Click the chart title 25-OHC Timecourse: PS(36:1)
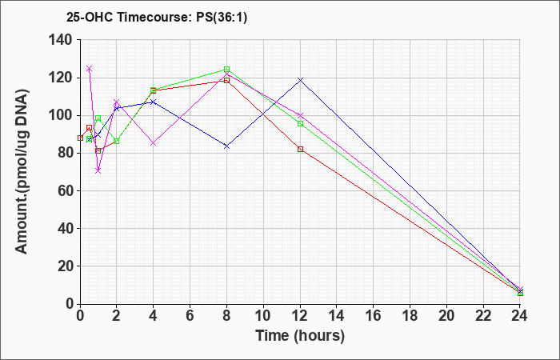pos(157,17)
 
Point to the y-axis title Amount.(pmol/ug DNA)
pos(22,171)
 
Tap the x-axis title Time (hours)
pos(300,336)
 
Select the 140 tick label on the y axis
pos(65,40)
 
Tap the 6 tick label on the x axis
pos(190,316)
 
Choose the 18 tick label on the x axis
pos(410,316)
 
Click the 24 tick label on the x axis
pos(520,316)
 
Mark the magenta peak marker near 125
pos(90,68)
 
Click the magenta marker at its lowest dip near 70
pos(98,170)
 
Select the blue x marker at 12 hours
pos(300,80)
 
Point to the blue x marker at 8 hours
pos(226,146)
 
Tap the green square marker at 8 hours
pos(226,69)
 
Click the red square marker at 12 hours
pos(300,149)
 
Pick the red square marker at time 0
pos(80,138)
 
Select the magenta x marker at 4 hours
pos(154,143)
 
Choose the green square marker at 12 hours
pos(300,123)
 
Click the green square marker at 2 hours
pos(117,141)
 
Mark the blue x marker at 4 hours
pos(154,102)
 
